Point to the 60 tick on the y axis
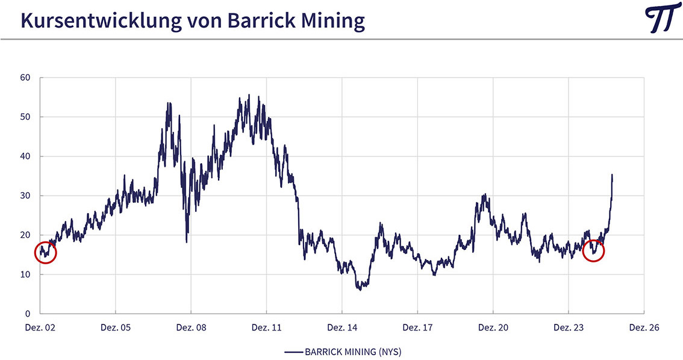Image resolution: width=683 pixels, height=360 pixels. (26, 78)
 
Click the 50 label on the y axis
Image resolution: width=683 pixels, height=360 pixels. (26, 117)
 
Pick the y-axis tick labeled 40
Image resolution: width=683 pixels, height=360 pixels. (26, 157)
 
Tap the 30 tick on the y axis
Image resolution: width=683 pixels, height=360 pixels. (26, 196)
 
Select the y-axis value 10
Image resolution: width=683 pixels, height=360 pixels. (26, 275)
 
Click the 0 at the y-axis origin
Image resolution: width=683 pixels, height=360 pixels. (28, 314)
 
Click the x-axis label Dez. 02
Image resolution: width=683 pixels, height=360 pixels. (40, 328)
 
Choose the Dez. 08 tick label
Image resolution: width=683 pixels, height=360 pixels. (191, 328)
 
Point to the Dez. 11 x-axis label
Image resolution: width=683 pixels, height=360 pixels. (266, 328)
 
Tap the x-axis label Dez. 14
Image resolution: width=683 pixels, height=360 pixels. (342, 328)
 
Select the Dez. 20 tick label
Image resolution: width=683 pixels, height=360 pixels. (493, 328)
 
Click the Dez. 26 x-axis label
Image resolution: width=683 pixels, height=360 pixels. (644, 328)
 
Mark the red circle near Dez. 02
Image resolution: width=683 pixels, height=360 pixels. (45, 252)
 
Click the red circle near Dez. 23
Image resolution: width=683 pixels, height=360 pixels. (593, 250)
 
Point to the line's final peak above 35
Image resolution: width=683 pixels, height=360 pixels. (612, 175)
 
